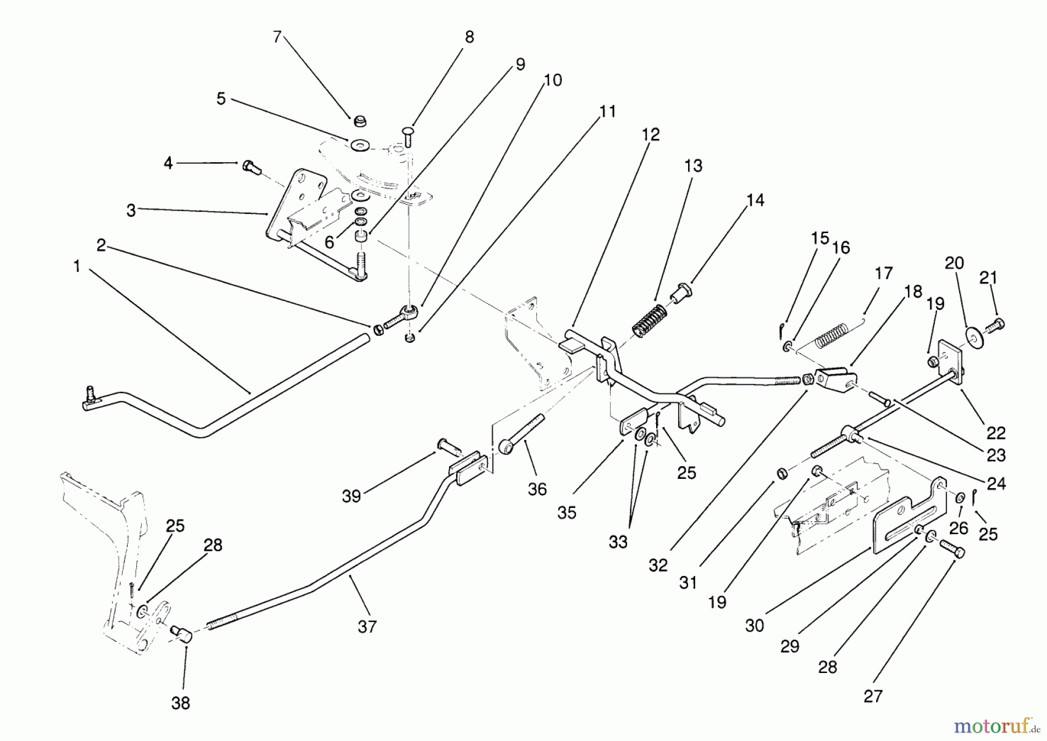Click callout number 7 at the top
coord(277,37)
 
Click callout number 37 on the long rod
coord(367,627)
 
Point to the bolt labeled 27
coord(951,549)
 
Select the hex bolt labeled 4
coord(249,166)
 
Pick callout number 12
coord(651,135)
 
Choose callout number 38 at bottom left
coord(180,703)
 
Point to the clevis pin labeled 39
coord(448,447)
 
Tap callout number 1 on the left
coord(76,267)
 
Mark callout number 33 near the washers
coord(618,542)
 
